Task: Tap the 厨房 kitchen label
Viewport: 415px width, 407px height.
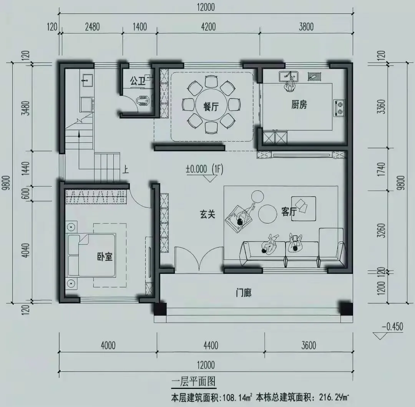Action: [x=299, y=104]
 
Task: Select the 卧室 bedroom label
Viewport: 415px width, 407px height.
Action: [x=105, y=257]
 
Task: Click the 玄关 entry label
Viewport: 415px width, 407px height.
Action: [x=207, y=214]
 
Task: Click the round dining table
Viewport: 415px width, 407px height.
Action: [x=211, y=105]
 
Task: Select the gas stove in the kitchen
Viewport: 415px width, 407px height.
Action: [x=340, y=108]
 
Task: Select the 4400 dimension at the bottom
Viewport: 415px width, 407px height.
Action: [x=210, y=345]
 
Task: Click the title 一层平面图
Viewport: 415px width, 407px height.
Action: [x=194, y=382]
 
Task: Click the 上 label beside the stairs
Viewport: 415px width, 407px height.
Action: [x=126, y=170]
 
